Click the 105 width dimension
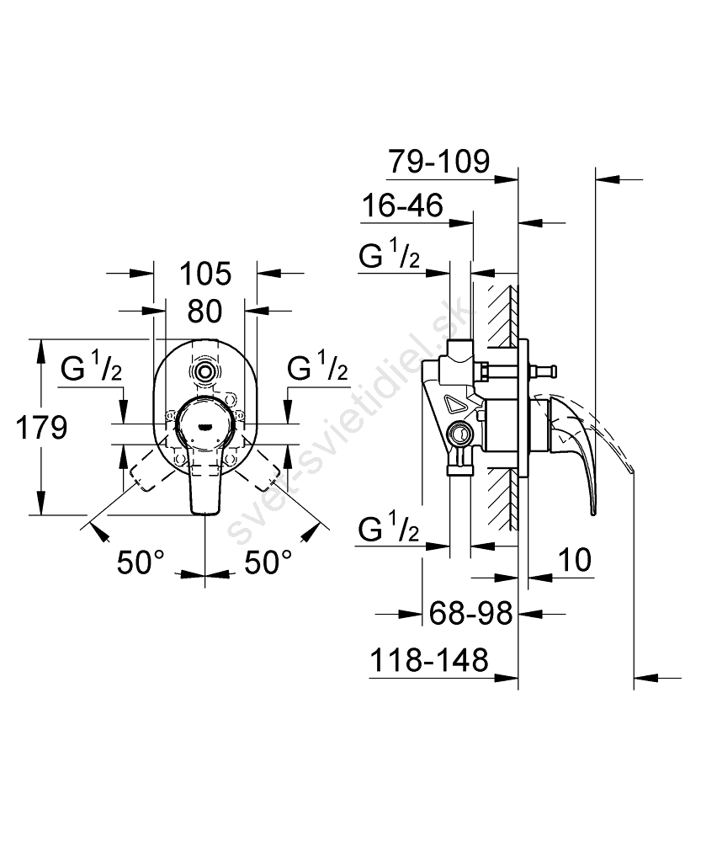[x=205, y=274]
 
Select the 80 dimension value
[x=204, y=311]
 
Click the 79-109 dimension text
[x=438, y=162]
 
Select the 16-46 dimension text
[x=402, y=206]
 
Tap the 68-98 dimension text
[x=470, y=614]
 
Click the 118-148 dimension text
[x=429, y=660]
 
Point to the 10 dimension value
[x=575, y=558]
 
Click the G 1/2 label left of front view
[x=93, y=368]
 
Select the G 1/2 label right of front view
[x=318, y=368]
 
